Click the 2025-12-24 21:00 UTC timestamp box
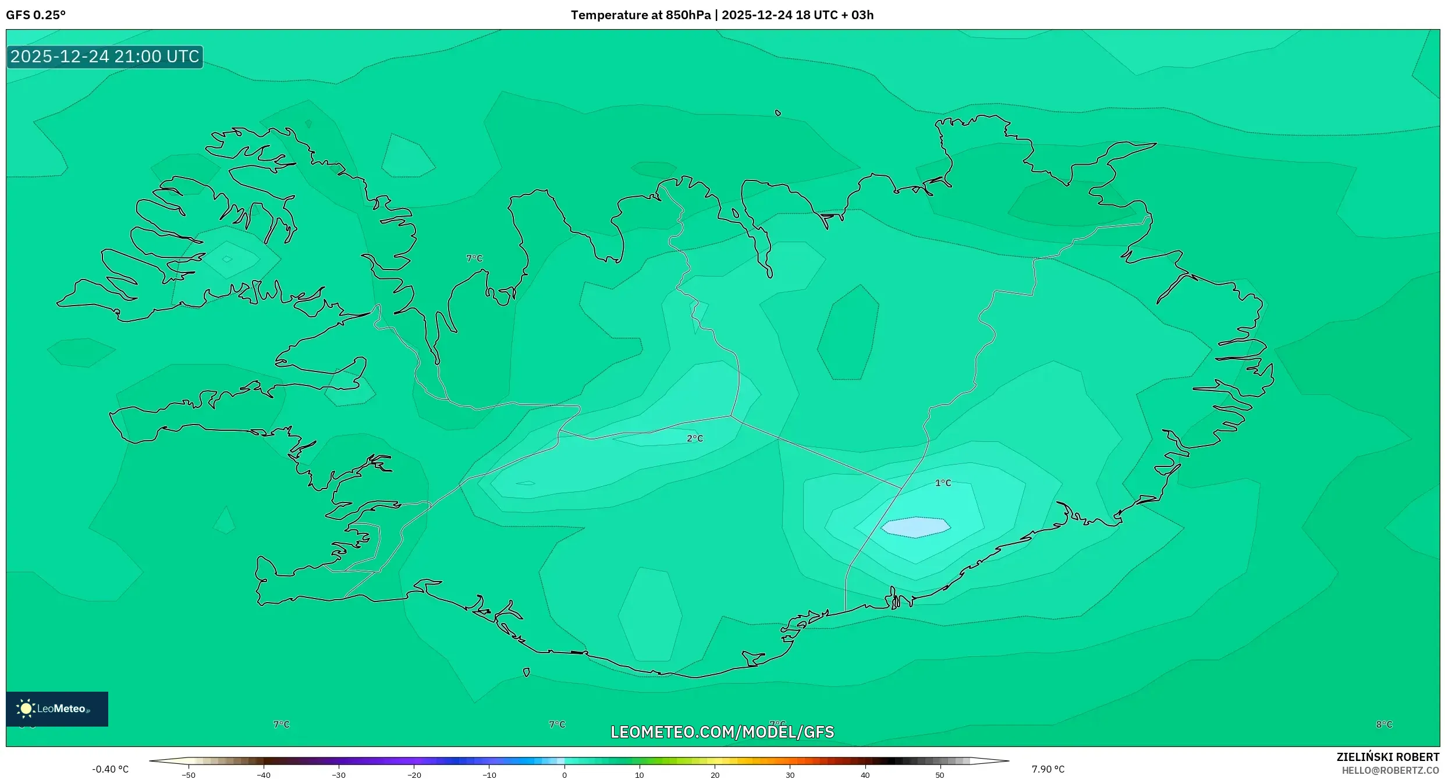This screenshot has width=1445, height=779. click(x=105, y=56)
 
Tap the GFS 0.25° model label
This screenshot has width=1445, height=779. click(x=35, y=15)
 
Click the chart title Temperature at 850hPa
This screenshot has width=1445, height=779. click(x=640, y=15)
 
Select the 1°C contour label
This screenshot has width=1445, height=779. click(x=943, y=483)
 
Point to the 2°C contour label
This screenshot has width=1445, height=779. click(x=695, y=438)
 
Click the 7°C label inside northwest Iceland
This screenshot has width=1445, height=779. click(x=474, y=258)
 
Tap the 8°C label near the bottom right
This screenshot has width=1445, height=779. click(x=1384, y=724)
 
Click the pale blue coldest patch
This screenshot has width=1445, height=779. click(x=915, y=527)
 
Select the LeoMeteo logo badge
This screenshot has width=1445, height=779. click(x=57, y=709)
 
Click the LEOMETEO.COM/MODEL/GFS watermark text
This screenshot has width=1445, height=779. click(x=722, y=732)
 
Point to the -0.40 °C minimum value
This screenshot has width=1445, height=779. click(x=110, y=769)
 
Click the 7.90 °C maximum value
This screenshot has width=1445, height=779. click(x=1048, y=769)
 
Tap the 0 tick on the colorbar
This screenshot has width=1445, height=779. click(x=564, y=775)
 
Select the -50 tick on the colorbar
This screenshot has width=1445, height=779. click(x=188, y=775)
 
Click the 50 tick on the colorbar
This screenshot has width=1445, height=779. click(x=939, y=775)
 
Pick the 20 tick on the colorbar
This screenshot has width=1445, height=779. click(x=715, y=775)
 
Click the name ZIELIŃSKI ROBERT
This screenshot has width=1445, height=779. click(x=1387, y=757)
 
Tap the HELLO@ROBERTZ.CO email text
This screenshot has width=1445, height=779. click(x=1390, y=770)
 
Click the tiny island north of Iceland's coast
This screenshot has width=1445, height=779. click(x=778, y=113)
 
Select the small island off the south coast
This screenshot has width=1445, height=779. click(x=526, y=672)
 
